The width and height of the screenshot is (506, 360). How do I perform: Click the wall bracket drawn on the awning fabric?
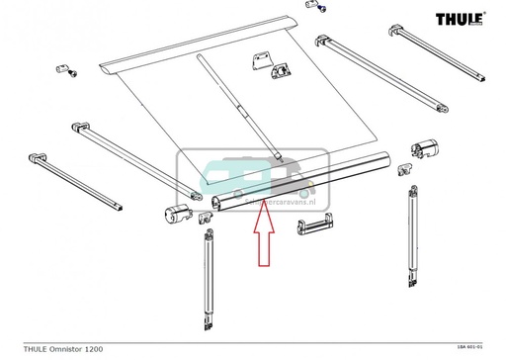click(276, 65)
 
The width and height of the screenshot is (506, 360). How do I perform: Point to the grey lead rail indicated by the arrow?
click(296, 184)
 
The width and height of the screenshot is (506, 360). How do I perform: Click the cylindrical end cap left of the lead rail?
click(176, 214)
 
